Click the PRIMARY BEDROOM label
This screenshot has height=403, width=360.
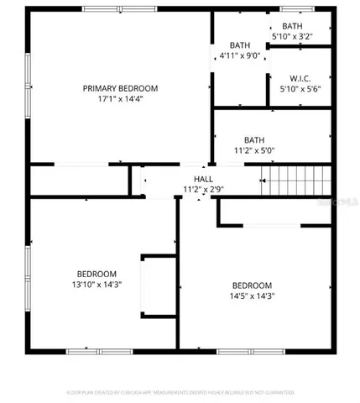(x=120, y=88)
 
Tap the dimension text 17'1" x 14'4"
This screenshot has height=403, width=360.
(x=120, y=99)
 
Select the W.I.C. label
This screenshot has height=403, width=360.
(x=300, y=77)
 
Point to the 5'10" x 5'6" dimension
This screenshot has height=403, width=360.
(x=300, y=88)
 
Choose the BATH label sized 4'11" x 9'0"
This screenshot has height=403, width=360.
(x=240, y=45)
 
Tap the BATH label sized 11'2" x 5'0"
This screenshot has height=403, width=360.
(x=254, y=140)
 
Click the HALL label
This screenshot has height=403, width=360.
(x=203, y=179)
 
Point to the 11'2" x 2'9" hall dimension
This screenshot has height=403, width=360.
(x=203, y=189)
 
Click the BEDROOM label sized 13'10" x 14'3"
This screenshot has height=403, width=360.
(x=97, y=274)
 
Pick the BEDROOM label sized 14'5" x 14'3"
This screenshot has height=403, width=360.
(x=253, y=285)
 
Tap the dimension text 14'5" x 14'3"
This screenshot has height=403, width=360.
(x=253, y=296)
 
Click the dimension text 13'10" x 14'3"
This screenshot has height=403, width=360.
(x=97, y=285)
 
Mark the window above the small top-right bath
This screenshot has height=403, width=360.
(x=296, y=9)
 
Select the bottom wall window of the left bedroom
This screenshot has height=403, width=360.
(x=90, y=350)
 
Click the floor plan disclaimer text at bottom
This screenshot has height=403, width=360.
(x=180, y=391)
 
